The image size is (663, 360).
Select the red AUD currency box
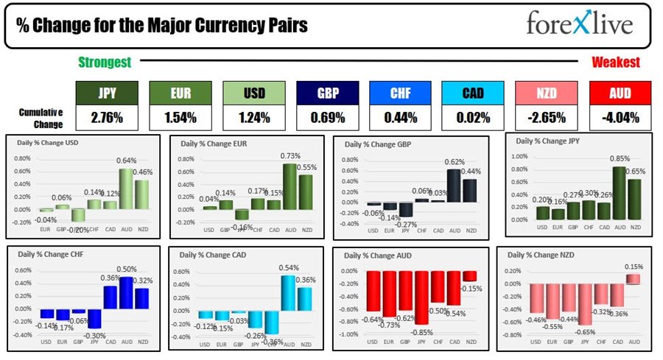[620, 93]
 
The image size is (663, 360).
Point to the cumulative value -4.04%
[620, 118]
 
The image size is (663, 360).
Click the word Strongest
[105, 63]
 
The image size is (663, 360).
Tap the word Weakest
[616, 63]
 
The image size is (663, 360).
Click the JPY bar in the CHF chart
[94, 317]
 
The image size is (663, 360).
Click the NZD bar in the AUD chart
[469, 276]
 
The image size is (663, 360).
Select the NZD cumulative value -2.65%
[547, 118]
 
